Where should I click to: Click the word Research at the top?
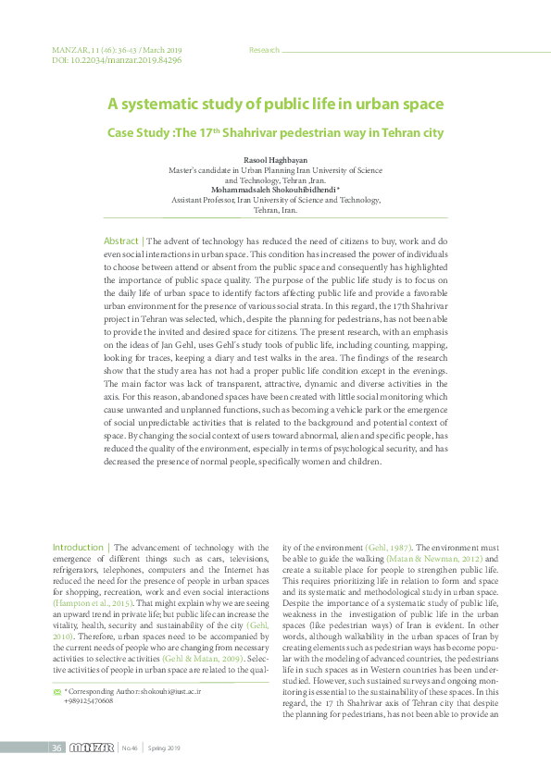click(264, 49)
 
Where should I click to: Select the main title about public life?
click(275, 105)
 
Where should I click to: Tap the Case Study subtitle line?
click(275, 133)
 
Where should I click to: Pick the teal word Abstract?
click(120, 241)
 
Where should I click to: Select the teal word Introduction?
click(78, 548)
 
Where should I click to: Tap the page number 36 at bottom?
click(56, 748)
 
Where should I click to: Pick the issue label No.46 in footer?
click(131, 748)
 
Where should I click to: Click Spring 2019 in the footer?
click(167, 748)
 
